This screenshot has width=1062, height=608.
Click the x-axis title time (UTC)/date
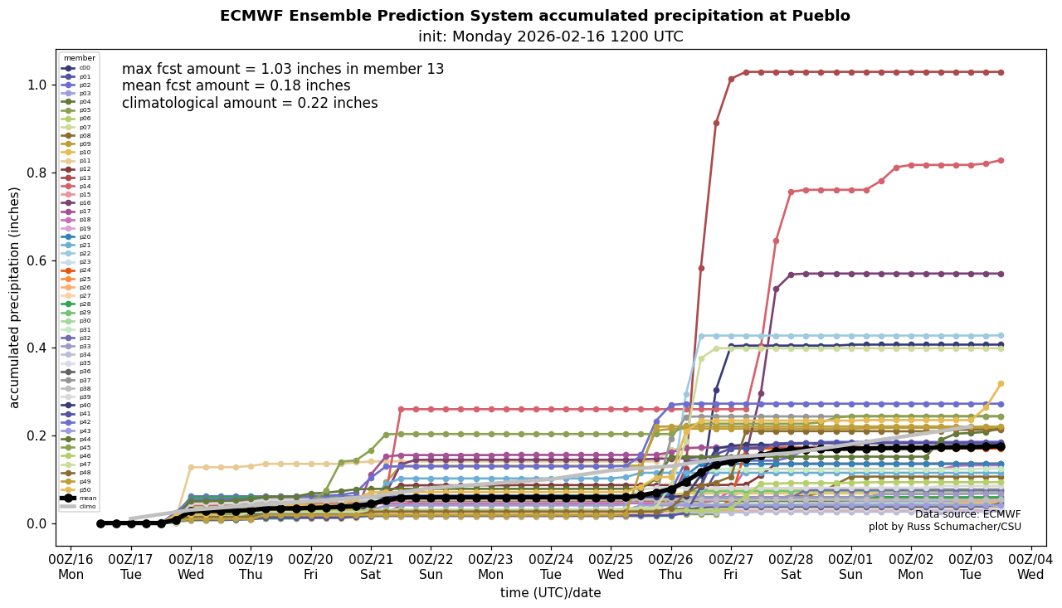pos(550,593)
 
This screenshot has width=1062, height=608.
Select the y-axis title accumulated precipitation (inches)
pos(14,297)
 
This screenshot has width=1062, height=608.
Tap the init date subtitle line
pos(550,36)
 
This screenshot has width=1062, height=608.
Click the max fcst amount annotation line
pos(283,70)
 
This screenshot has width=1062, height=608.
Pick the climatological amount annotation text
pos(250,103)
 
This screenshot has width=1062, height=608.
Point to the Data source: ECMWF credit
pos(967,514)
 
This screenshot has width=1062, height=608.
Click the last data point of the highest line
pos(1001,72)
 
